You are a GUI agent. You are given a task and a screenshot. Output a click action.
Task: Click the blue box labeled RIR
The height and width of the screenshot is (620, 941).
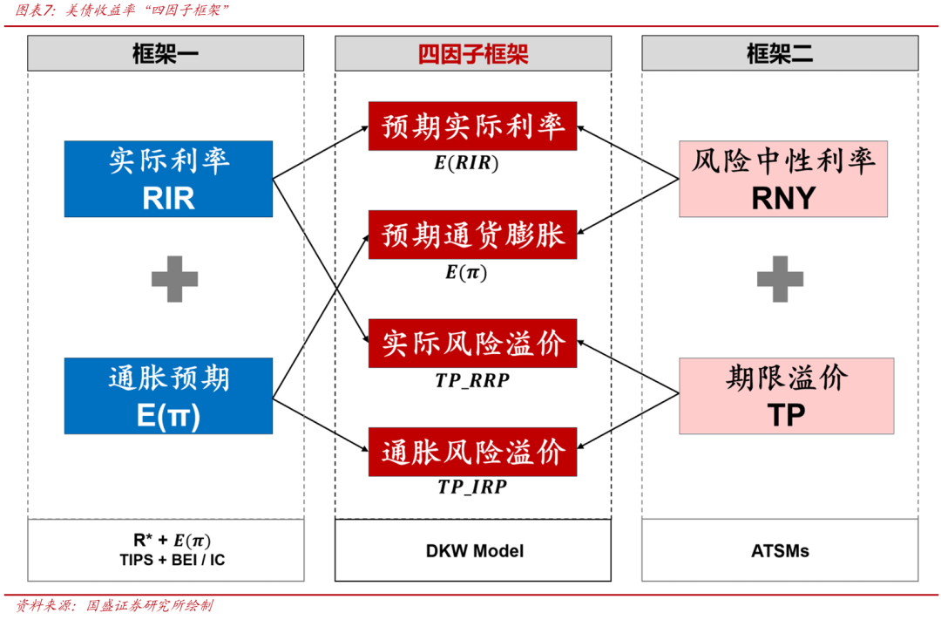pos(168,179)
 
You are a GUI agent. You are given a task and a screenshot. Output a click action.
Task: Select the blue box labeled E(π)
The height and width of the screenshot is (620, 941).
pos(168,395)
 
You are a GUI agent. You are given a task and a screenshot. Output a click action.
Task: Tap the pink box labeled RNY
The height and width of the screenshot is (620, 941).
pos(782,179)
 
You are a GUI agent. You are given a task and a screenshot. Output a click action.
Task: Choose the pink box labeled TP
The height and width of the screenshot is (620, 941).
pos(786,395)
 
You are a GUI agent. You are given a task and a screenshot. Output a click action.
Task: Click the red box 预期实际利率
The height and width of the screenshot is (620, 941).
pos(473,127)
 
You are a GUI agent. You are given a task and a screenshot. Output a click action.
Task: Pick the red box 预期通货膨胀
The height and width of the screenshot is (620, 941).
pos(473,235)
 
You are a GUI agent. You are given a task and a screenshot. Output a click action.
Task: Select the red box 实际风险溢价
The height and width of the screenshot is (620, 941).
pos(473,344)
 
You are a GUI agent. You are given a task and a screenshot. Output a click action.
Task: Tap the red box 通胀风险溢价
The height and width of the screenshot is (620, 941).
pos(473,453)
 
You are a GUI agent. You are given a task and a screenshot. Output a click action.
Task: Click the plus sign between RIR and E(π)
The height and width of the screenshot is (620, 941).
pos(174,280)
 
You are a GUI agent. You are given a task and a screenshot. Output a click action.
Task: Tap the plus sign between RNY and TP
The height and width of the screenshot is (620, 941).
pos(780,280)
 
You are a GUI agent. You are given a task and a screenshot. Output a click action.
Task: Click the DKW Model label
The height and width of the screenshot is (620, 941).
pos(474,550)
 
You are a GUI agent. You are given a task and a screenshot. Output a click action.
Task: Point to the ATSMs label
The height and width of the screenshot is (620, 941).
pos(780,550)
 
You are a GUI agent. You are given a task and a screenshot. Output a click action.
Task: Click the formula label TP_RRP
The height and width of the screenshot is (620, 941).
pos(473,380)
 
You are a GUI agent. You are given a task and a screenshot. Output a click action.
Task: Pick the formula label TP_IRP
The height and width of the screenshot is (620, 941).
pos(472,487)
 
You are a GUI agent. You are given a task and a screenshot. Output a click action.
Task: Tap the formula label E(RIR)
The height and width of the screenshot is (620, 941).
pos(472,162)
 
